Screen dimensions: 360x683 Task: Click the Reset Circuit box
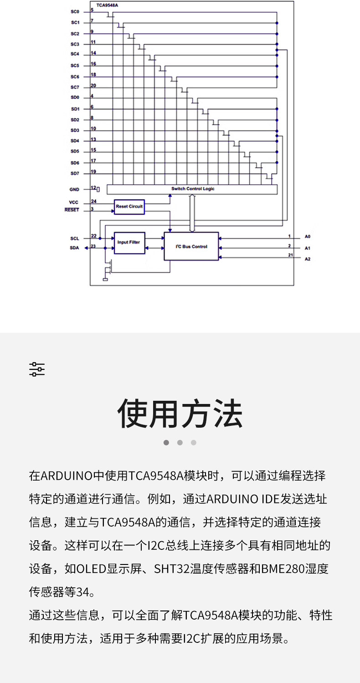pyautogui.click(x=129, y=207)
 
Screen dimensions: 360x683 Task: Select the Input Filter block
pyautogui.click(x=129, y=243)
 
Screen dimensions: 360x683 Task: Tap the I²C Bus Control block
pyautogui.click(x=191, y=246)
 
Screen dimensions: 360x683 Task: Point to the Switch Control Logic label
pyautogui.click(x=193, y=189)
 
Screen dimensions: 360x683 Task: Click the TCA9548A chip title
pyautogui.click(x=107, y=5)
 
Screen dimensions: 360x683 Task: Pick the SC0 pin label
pyautogui.click(x=75, y=11)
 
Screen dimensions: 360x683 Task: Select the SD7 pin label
pyautogui.click(x=75, y=173)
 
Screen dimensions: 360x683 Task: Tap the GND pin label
pyautogui.click(x=74, y=189)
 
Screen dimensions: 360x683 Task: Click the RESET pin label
pyautogui.click(x=72, y=210)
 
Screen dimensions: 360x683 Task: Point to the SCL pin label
pyautogui.click(x=75, y=238)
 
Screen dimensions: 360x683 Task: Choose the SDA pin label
pyautogui.click(x=74, y=248)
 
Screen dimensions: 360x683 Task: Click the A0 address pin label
pyautogui.click(x=308, y=237)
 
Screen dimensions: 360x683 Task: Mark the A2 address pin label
pyautogui.click(x=308, y=259)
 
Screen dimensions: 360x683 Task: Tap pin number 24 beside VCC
pyautogui.click(x=93, y=201)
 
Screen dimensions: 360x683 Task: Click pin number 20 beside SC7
pyautogui.click(x=93, y=85)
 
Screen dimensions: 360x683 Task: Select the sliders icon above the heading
pyautogui.click(x=37, y=369)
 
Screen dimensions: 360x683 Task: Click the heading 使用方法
pyautogui.click(x=180, y=414)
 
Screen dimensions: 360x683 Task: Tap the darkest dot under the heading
pyautogui.click(x=166, y=442)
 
